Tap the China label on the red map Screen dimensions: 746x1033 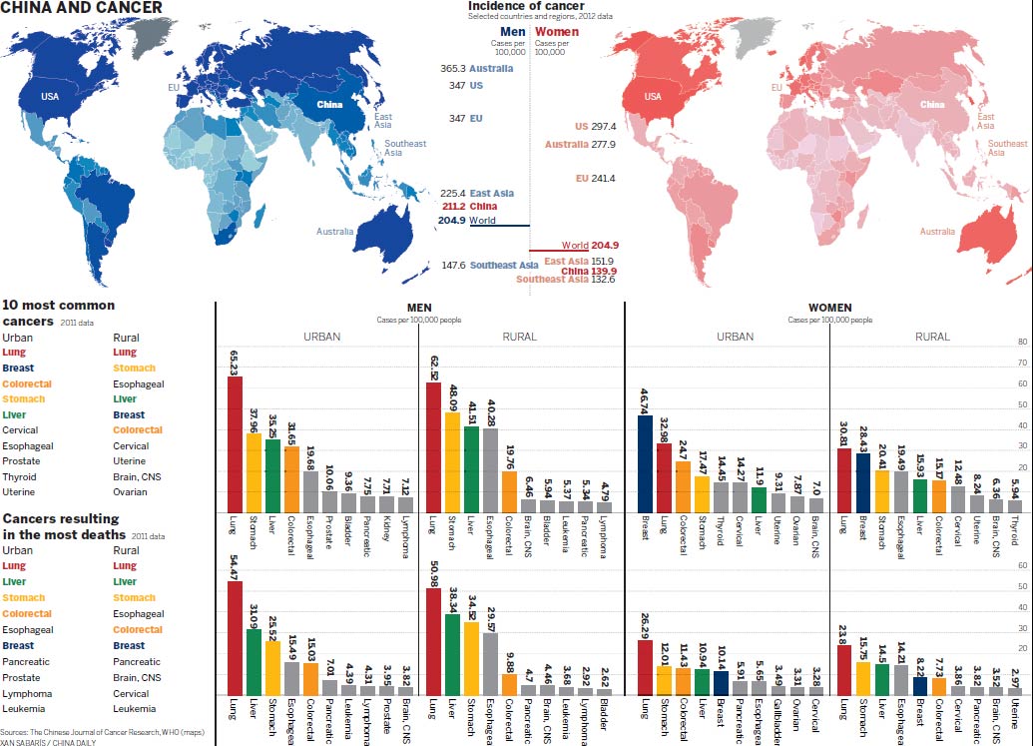(x=932, y=105)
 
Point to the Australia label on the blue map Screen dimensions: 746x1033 (x=334, y=232)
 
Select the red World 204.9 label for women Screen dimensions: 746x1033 (x=590, y=245)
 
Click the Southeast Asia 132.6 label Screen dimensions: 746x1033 (x=566, y=280)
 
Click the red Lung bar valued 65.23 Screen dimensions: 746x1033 (x=235, y=444)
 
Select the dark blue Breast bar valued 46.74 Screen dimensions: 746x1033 (x=646, y=463)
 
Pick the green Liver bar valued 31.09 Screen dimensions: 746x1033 (x=254, y=661)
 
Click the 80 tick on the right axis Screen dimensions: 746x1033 (x=1021, y=342)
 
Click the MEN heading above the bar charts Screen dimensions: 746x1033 (x=419, y=309)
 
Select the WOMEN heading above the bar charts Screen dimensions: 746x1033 (x=828, y=309)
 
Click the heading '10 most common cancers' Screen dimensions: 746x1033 (x=59, y=313)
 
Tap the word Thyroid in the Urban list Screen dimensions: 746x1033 (x=20, y=476)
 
